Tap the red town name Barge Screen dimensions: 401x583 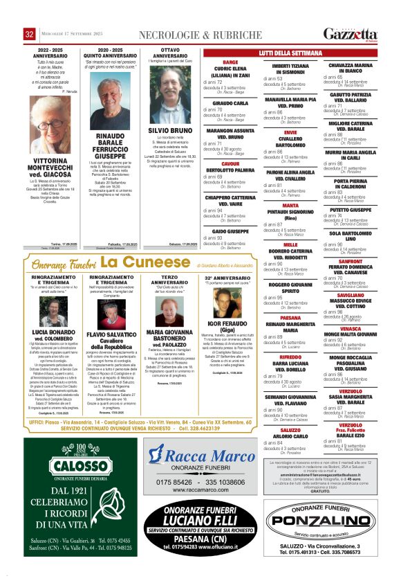tap(230, 62)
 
